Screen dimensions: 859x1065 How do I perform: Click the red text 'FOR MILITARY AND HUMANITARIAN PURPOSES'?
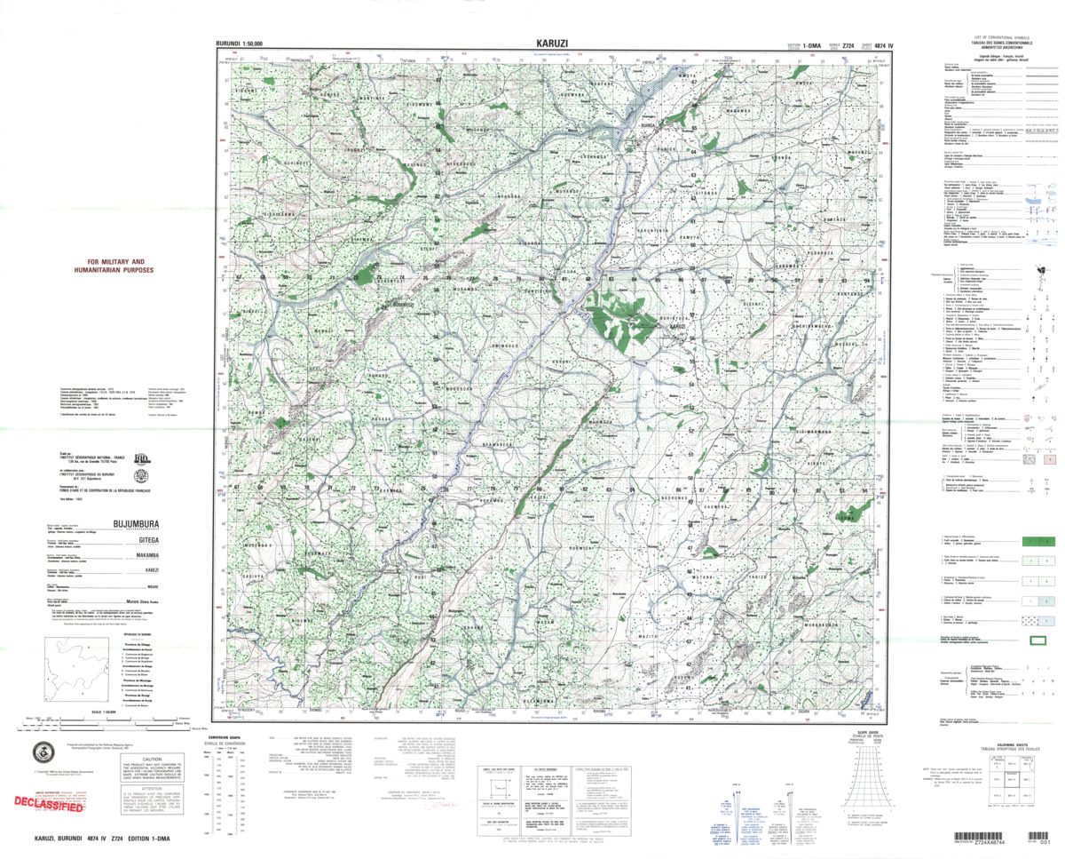coord(114,266)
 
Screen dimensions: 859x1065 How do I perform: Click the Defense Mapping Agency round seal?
coord(42,751)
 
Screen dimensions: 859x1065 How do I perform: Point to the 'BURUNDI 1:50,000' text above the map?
coord(245,44)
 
